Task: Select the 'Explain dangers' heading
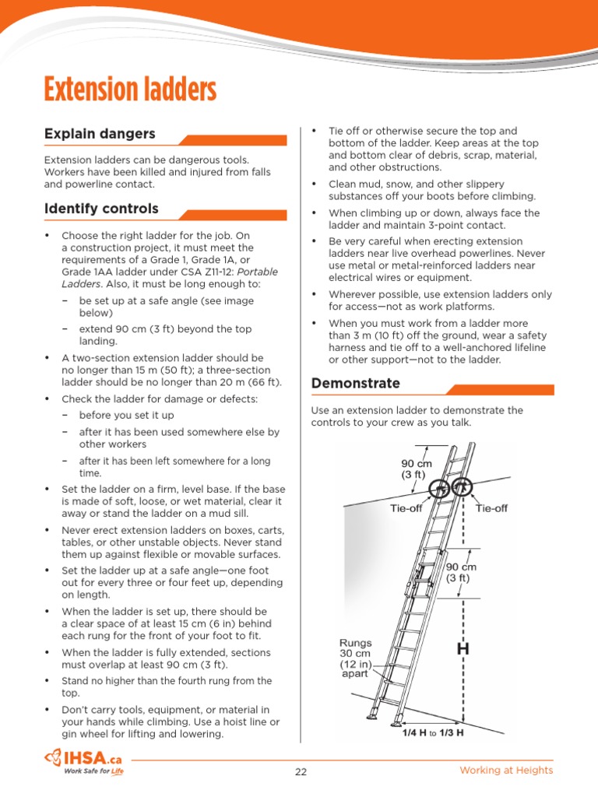point(100,134)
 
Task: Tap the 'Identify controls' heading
point(101,209)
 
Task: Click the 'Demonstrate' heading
point(355,383)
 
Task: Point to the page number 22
point(301,771)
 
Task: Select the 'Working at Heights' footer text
point(506,771)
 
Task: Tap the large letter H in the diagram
point(463,648)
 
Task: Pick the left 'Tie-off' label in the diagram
point(406,508)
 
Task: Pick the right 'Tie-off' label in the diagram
point(491,508)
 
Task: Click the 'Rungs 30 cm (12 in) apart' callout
point(356,658)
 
